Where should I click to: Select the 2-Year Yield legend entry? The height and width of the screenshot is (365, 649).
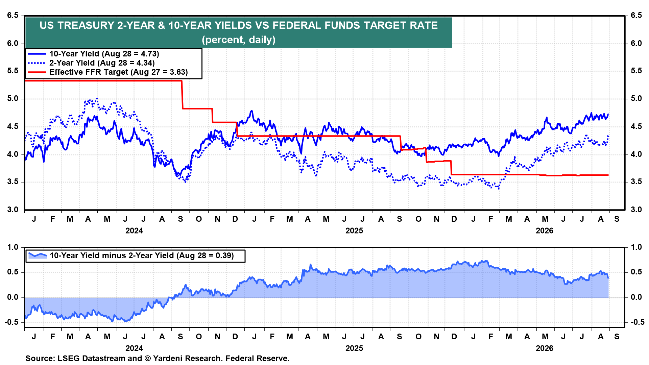[91, 63]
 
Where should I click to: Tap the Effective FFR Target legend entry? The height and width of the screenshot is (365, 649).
[108, 72]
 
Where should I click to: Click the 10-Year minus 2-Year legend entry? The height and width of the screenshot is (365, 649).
[131, 255]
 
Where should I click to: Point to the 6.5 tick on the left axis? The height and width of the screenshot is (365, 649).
[13, 16]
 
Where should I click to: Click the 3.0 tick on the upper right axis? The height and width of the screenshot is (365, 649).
[636, 210]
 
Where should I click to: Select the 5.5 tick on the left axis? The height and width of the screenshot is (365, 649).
[13, 71]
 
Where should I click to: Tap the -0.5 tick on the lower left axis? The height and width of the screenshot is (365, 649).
[11, 322]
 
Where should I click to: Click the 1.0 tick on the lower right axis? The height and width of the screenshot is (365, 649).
[636, 247]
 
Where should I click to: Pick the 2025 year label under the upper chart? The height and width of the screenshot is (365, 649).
[354, 231]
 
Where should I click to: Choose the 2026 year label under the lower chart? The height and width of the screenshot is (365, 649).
[545, 348]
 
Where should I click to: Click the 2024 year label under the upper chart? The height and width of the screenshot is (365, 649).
[134, 231]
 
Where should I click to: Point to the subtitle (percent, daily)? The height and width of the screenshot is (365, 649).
[239, 40]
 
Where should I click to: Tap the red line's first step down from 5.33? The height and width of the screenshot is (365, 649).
[182, 95]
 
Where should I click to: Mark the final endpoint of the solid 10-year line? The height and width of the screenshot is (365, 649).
[608, 114]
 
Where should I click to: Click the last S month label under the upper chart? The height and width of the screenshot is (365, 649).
[617, 219]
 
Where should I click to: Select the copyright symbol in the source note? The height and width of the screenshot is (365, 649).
[147, 359]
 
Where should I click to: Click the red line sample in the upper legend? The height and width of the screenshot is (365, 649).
[37, 72]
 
